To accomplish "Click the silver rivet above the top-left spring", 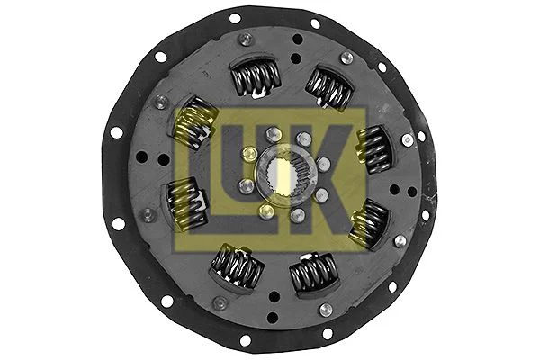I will [246, 39].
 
